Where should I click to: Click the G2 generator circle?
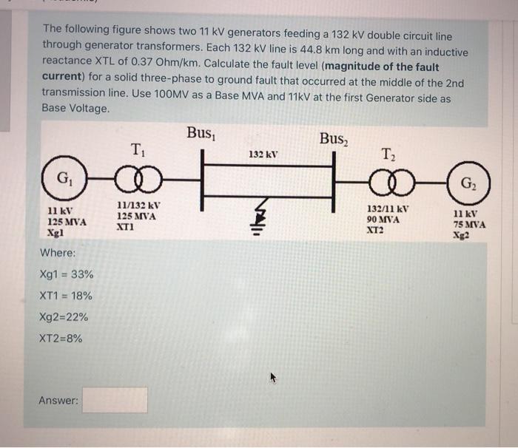(x=467, y=183)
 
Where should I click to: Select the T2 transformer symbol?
(x=387, y=183)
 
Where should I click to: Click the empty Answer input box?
(x=115, y=400)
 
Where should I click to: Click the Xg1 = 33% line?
(x=66, y=274)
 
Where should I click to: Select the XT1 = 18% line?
(x=65, y=296)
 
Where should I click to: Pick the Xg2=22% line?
(x=64, y=317)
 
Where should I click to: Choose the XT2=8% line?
(x=61, y=339)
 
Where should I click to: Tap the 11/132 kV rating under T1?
(x=138, y=205)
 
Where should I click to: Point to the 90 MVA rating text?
(x=383, y=220)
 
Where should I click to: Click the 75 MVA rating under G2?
(x=470, y=224)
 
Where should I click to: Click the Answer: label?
(x=58, y=401)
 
